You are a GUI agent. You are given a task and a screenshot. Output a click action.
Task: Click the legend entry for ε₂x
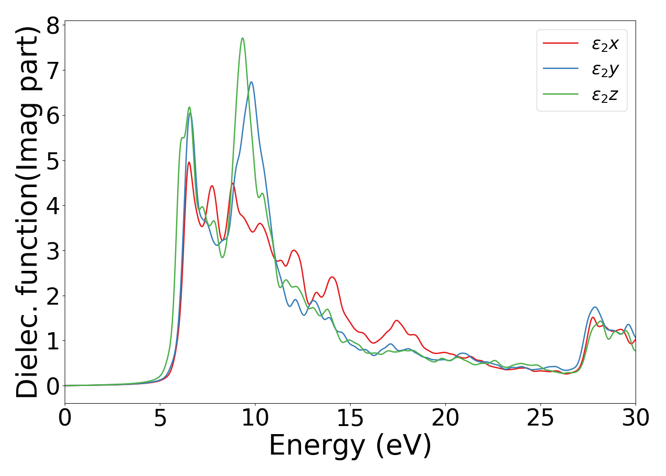tap(605, 44)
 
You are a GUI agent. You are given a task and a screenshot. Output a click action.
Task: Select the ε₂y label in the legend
tap(605, 69)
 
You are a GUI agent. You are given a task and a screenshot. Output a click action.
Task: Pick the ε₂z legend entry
tap(605, 95)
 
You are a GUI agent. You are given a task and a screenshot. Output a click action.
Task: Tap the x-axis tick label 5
tap(160, 418)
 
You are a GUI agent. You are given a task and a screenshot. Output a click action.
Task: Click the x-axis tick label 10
tap(255, 418)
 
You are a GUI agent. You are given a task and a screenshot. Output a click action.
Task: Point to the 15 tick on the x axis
tap(350, 418)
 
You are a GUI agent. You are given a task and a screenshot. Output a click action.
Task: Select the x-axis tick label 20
tap(445, 418)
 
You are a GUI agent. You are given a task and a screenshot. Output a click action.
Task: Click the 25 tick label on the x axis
tap(540, 418)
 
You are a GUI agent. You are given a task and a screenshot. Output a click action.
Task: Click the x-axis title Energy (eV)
tap(350, 446)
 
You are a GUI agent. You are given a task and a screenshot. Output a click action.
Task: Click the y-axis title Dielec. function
tap(27, 212)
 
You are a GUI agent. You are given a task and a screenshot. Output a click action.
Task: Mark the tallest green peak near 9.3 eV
tap(243, 38)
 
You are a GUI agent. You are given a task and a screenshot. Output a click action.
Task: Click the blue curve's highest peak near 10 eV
tap(251, 82)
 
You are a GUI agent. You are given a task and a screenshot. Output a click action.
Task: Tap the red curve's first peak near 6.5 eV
tap(189, 162)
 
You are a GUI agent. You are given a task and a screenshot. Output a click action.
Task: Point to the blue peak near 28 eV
tap(595, 307)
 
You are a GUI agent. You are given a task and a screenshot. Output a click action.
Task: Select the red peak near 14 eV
tap(332, 277)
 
